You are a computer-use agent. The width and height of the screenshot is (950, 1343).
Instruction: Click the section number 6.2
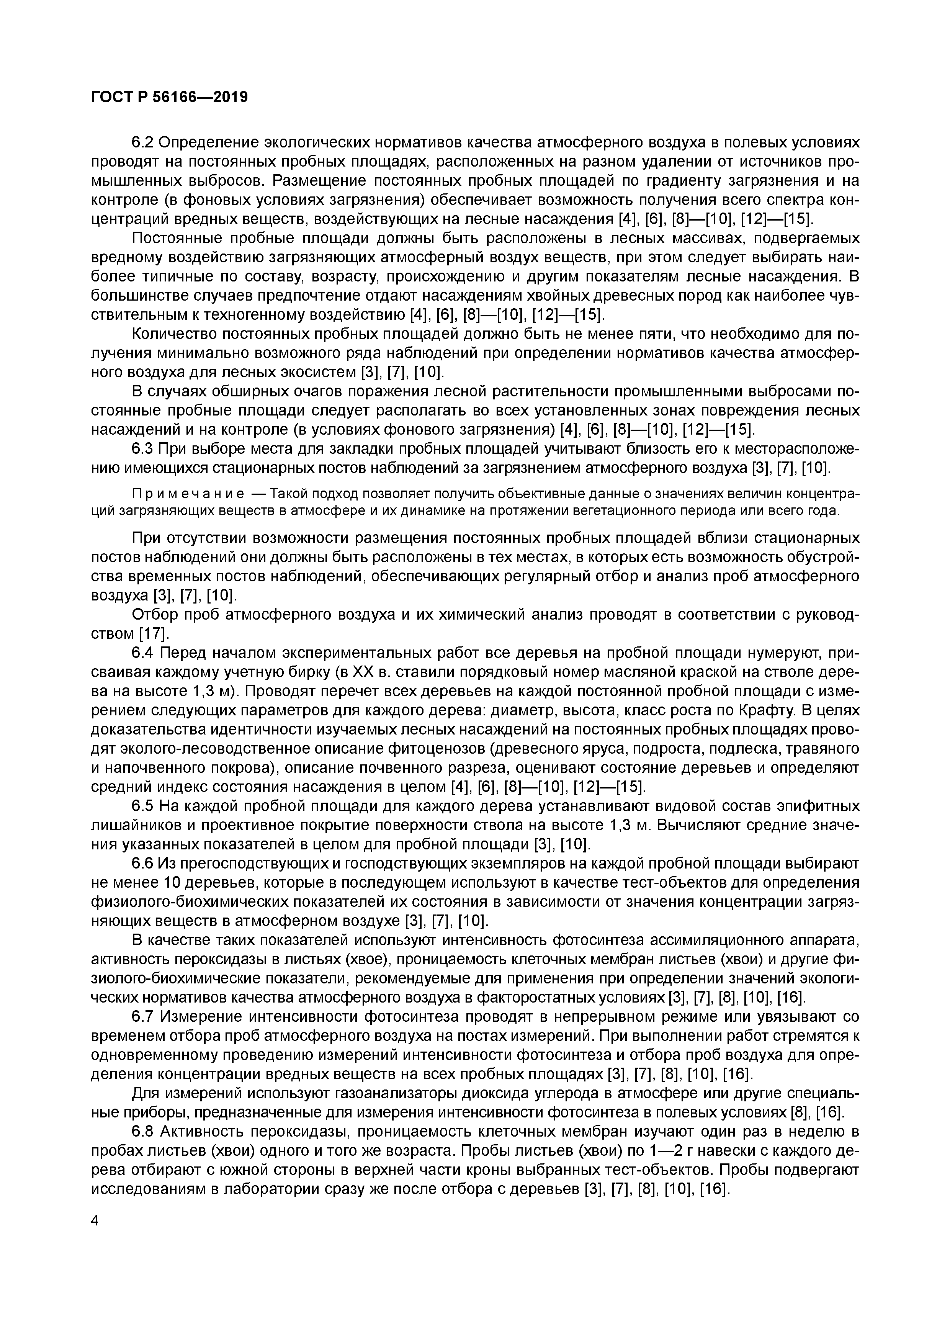[x=143, y=143]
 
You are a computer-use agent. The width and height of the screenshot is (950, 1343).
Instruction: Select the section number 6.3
[x=143, y=449]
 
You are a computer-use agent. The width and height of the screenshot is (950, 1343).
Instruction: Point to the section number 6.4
[x=143, y=653]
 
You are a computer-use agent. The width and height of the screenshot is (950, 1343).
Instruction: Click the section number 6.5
[x=143, y=806]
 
